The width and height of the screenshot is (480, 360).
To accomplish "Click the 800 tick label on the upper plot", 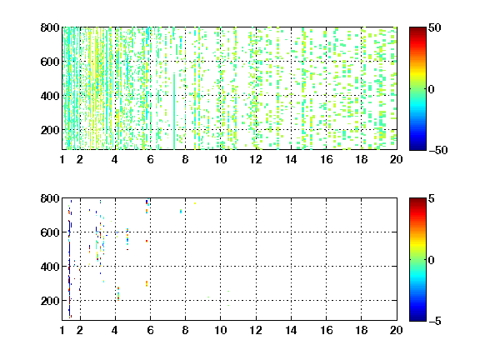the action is (x=50, y=27).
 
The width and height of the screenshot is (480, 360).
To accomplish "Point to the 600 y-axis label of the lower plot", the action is (x=50, y=232).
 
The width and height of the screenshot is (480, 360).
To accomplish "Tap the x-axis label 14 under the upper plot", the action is (x=291, y=159).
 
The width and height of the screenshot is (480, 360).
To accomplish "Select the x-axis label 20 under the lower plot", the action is (x=396, y=330).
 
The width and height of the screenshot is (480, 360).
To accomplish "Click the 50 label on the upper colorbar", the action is (x=435, y=27).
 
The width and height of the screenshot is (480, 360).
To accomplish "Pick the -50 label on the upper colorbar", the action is (x=438, y=150).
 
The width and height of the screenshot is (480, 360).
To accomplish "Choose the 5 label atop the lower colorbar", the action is (x=432, y=198).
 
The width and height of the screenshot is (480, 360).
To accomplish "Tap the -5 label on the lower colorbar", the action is (x=435, y=321).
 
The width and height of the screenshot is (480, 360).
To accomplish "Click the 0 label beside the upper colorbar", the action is (x=432, y=89).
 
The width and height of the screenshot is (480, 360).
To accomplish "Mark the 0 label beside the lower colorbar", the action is (x=432, y=260).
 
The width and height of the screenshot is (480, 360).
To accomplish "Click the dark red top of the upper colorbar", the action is (x=417, y=31).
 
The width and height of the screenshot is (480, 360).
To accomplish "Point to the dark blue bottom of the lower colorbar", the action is (x=417, y=317).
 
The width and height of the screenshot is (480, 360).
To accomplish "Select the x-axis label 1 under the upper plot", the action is (x=62, y=159).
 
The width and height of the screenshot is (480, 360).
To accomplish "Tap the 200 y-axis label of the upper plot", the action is (x=50, y=130).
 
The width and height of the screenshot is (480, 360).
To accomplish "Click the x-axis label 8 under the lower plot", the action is (x=185, y=330).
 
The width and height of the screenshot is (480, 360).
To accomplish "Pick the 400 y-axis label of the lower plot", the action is (x=50, y=267).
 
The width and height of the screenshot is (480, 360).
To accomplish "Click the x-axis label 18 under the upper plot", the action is (x=361, y=159).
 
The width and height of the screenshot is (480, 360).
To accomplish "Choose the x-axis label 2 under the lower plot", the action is (x=80, y=330).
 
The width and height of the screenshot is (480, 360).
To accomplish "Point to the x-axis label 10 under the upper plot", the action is (x=220, y=159).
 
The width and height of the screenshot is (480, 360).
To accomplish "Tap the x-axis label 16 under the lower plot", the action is (x=327, y=330).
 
